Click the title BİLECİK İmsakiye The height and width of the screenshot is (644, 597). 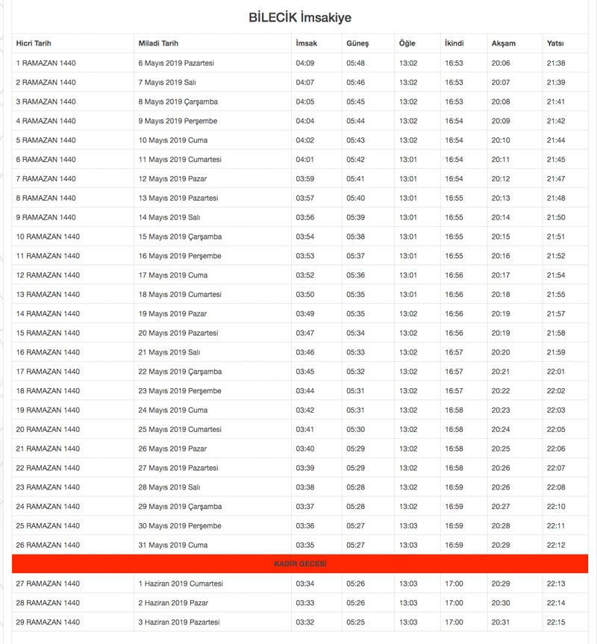click(x=299, y=17)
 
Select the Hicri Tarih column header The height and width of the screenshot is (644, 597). click(x=34, y=43)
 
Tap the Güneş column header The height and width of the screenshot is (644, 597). click(x=357, y=43)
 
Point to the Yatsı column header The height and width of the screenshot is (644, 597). click(x=554, y=43)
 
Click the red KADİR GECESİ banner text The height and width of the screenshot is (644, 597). click(x=300, y=564)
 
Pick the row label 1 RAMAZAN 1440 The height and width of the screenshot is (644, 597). click(x=46, y=63)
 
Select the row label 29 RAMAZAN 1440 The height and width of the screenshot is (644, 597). click(x=48, y=622)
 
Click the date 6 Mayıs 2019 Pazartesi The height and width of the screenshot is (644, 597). click(x=176, y=63)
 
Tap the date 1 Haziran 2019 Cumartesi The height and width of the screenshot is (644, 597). click(x=181, y=584)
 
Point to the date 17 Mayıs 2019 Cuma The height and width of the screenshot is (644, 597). click(x=173, y=275)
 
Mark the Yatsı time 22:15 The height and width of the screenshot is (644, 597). click(x=556, y=622)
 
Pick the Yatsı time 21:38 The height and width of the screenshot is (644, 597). click(x=556, y=63)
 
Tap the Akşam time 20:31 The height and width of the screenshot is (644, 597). click(x=501, y=622)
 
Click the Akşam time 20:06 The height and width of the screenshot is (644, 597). click(x=501, y=63)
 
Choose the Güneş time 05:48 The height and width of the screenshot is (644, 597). click(x=355, y=63)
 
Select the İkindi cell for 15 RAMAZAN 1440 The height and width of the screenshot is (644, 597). click(x=454, y=333)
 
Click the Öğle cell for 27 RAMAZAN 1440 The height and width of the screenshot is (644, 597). click(x=408, y=584)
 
